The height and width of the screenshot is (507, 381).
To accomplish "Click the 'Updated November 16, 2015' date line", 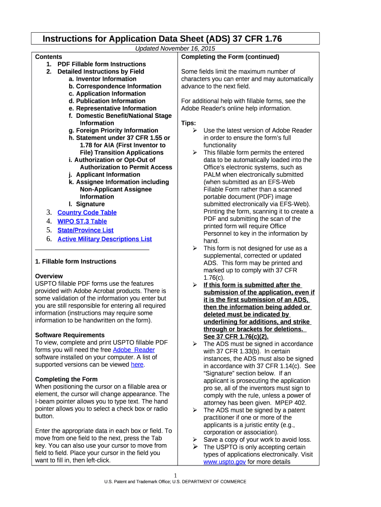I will pos(175,49).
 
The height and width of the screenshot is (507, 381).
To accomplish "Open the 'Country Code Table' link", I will pos(87,212).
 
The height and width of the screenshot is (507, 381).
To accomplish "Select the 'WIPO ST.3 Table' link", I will pos(82,221).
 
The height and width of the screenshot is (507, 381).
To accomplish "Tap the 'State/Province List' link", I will pos(85,230).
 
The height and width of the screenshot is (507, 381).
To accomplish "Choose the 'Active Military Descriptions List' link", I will pos(104,239).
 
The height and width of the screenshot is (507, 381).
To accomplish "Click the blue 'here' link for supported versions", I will pos(137,364).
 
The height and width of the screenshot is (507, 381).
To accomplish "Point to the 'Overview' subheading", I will pos(49,276).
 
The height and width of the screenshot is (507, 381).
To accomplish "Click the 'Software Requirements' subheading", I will pos(70,335).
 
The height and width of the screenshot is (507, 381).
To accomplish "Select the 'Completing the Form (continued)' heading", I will pos(230,57).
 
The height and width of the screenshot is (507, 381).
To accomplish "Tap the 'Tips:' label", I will pos(189,123).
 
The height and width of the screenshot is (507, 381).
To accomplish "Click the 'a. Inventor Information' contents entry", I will pos(102,79).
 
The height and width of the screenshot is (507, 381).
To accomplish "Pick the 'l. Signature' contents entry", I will pos(87,204).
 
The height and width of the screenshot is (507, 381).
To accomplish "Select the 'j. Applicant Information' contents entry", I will pos(104,175).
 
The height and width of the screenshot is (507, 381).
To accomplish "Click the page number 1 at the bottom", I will pos(175,476).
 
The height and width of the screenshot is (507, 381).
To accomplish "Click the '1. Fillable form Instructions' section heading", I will pos(76,261).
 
